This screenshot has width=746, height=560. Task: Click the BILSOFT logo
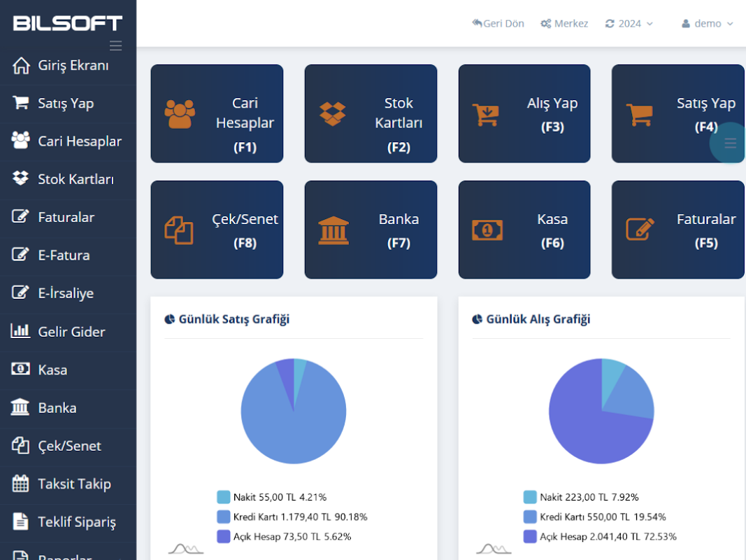pyautogui.click(x=68, y=23)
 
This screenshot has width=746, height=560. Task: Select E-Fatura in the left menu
pyautogui.click(x=63, y=255)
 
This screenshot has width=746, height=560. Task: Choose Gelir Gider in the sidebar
pyautogui.click(x=71, y=332)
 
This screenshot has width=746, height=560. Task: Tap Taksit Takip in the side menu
pyautogui.click(x=73, y=484)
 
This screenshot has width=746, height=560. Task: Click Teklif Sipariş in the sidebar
pyautogui.click(x=76, y=521)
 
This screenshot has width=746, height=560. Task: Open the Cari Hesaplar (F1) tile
pyautogui.click(x=217, y=114)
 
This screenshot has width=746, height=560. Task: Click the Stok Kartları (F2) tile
pyautogui.click(x=371, y=114)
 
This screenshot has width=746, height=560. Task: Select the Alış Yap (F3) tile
pyautogui.click(x=524, y=114)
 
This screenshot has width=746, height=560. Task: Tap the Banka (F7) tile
pyautogui.click(x=371, y=230)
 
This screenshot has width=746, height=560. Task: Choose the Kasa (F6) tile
pyautogui.click(x=524, y=230)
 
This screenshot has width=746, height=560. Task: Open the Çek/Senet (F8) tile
pyautogui.click(x=217, y=230)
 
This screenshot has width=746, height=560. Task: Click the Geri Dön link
pyautogui.click(x=498, y=24)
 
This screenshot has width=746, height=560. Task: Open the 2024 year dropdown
pyautogui.click(x=629, y=24)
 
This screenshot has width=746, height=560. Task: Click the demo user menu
pyautogui.click(x=708, y=24)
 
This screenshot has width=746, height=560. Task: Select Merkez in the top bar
pyautogui.click(x=564, y=24)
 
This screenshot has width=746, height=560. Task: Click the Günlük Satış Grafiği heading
pyautogui.click(x=234, y=319)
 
